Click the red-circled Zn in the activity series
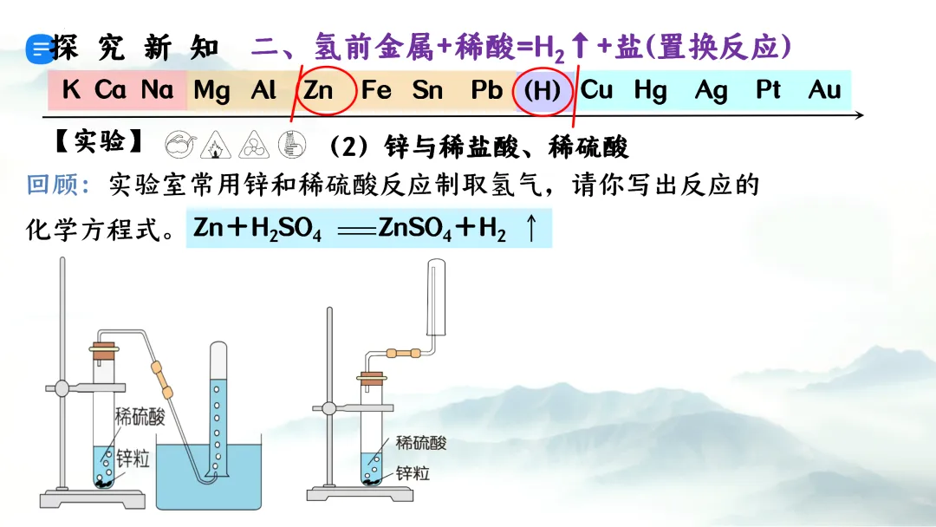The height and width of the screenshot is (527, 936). click(x=319, y=90)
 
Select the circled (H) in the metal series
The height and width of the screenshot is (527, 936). click(x=543, y=91)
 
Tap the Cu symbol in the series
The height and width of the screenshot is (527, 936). click(x=596, y=90)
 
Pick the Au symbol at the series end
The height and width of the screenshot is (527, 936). click(x=824, y=90)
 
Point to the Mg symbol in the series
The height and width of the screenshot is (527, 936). click(x=211, y=90)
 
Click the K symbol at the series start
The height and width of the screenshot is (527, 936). click(x=71, y=90)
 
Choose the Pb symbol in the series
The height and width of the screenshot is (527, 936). click(x=487, y=90)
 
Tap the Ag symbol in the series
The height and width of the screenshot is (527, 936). click(x=711, y=90)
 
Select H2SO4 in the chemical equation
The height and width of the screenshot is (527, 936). click(x=286, y=230)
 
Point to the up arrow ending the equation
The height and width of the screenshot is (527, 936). click(x=531, y=229)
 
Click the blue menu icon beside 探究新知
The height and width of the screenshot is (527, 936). click(x=39, y=50)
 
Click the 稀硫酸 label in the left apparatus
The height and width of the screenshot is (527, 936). click(x=140, y=418)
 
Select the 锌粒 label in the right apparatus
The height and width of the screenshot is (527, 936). click(x=413, y=473)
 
